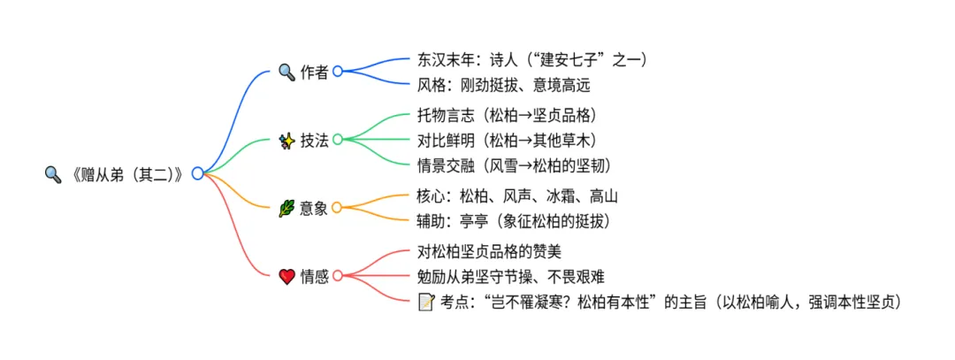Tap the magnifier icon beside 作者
(286, 72)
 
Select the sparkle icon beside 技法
(286, 139)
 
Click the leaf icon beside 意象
(286, 208)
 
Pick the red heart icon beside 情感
(286, 276)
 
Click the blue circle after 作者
(337, 72)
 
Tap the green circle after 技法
(337, 139)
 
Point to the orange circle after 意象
(337, 208)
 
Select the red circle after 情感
(337, 276)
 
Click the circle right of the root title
(197, 173)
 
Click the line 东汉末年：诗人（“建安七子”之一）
(532, 60)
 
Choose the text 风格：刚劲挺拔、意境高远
(502, 86)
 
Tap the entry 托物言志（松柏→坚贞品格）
(508, 115)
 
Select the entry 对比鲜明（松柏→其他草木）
(508, 140)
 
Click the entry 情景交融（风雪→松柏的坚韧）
(514, 165)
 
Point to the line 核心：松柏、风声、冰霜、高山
(516, 195)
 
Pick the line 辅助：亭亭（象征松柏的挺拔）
(514, 220)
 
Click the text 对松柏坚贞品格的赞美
(489, 252)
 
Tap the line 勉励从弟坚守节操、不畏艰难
(510, 277)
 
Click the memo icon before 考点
(426, 303)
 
